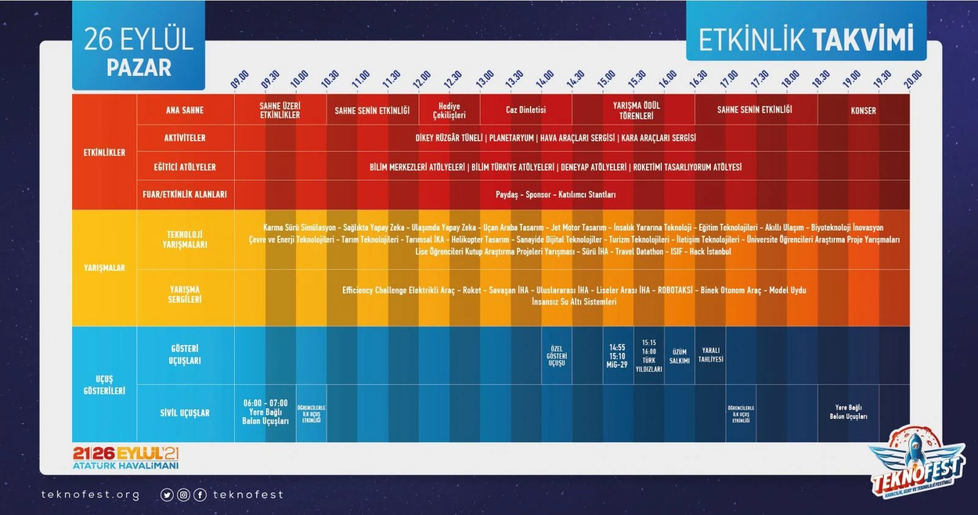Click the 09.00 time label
click(x=240, y=79)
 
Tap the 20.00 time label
click(x=912, y=80)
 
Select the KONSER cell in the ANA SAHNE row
click(x=863, y=111)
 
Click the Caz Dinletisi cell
click(x=526, y=110)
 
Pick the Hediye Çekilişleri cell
click(x=449, y=111)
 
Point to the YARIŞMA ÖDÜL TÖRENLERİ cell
click(x=636, y=111)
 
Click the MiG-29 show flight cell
click(x=617, y=356)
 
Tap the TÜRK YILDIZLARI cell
click(x=649, y=356)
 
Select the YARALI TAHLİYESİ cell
click(x=710, y=355)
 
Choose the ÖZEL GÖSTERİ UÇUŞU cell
click(x=556, y=356)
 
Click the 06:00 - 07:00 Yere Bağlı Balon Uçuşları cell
click(x=265, y=412)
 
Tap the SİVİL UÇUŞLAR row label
click(x=185, y=413)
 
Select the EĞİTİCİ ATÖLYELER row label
click(x=185, y=167)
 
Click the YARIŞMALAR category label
click(x=104, y=268)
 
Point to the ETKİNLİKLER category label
click(x=104, y=152)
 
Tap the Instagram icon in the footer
click(x=183, y=495)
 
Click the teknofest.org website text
click(x=90, y=495)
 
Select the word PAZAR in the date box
click(x=139, y=67)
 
